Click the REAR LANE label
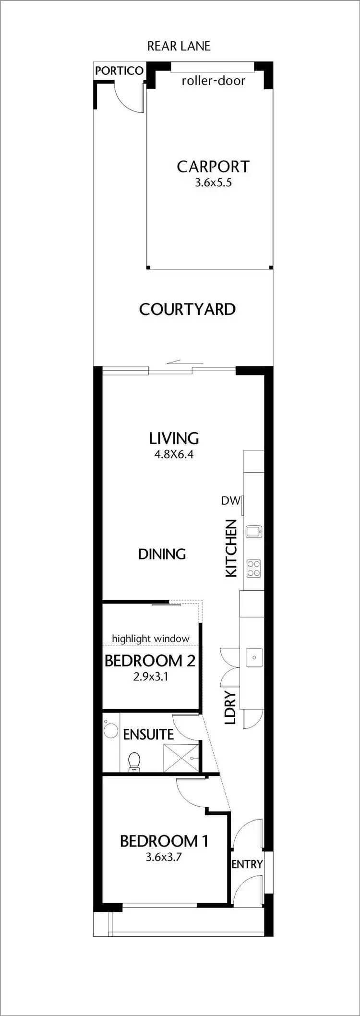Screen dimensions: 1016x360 (x=179, y=46)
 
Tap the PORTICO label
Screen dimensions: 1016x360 (x=119, y=71)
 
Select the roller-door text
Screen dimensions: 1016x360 (x=213, y=81)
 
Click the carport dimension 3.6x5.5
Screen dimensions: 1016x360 (x=213, y=182)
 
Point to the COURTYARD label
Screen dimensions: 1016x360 (x=187, y=309)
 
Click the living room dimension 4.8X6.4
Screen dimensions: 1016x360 (x=174, y=454)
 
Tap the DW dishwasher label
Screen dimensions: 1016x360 (x=230, y=501)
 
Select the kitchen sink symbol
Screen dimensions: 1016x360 (x=253, y=531)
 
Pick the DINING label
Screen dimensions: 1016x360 (x=162, y=554)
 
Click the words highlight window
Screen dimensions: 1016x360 (x=150, y=639)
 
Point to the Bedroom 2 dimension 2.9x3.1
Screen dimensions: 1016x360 (x=150, y=677)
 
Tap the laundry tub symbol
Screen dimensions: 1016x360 (x=254, y=657)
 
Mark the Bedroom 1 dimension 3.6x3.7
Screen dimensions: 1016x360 (x=164, y=857)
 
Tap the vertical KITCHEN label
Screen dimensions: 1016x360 (x=231, y=548)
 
